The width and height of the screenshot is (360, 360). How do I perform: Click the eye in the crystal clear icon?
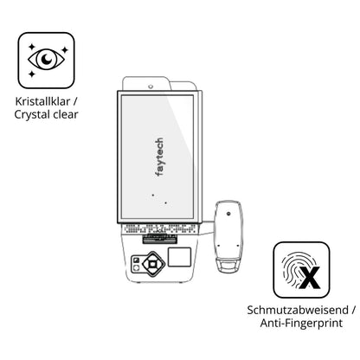coord(46,60)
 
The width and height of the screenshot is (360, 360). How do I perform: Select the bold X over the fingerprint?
coord(310,278)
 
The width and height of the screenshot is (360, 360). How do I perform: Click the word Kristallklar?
coord(42,101)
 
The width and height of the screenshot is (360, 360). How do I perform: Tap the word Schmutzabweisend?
coord(298,310)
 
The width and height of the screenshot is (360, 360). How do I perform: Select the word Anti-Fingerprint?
coord(301,323)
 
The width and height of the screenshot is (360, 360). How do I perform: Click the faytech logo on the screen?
coord(159,157)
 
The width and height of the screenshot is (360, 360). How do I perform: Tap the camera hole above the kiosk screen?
coord(151,87)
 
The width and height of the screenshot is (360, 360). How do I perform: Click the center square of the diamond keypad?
coord(152,264)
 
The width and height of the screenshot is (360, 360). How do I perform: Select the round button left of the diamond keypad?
coord(136,268)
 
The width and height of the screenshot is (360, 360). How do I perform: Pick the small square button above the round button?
coord(136,260)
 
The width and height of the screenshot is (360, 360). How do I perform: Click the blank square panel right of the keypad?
coord(179,257)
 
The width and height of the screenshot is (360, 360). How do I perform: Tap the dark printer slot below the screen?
coord(159,240)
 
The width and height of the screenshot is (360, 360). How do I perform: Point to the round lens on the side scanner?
coord(228,214)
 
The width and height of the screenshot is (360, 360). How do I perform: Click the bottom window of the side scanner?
coord(228,266)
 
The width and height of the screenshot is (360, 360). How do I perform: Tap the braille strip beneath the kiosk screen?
coord(160,228)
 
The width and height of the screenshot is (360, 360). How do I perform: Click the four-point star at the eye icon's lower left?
coord(32,74)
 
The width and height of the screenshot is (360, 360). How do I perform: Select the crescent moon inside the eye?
coord(47,59)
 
